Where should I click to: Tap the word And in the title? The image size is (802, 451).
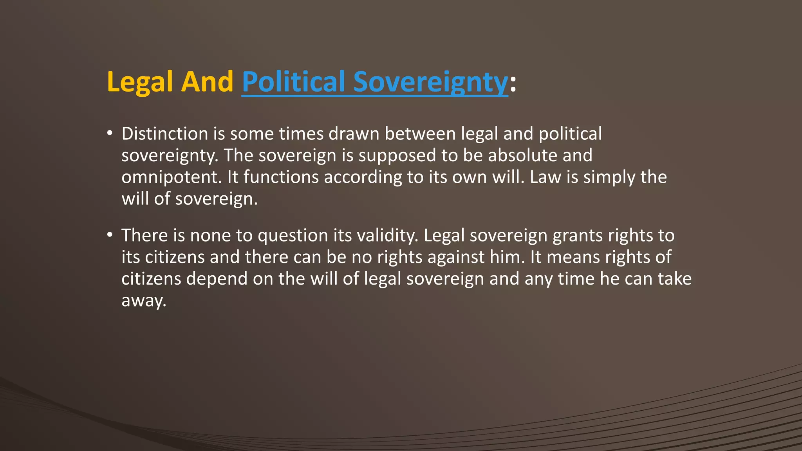coord(208,82)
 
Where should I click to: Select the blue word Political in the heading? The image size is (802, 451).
coord(293,82)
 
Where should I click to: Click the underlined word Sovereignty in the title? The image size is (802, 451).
coord(430,82)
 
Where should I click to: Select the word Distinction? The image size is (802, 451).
coord(165,134)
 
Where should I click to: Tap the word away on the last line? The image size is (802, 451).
coord(144,301)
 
